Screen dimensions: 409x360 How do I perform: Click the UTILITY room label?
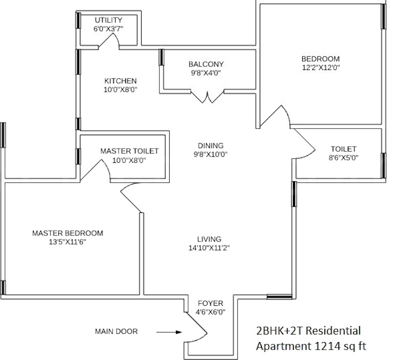pos(108,20)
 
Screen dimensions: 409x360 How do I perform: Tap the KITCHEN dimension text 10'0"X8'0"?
pos(121,89)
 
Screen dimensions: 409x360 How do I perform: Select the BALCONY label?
pos(206,64)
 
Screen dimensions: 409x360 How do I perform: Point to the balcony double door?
pos(208,97)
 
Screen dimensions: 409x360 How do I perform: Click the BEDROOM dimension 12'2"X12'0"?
pos(321,67)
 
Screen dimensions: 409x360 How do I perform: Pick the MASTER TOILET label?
pos(129,151)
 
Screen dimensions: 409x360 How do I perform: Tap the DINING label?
pos(211,146)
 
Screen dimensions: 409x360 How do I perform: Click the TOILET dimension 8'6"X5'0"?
pos(344,158)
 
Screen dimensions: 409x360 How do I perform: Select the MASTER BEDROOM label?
pos(67,233)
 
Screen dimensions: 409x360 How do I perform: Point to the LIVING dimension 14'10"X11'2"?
pos(209,248)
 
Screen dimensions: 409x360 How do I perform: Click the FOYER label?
pos(211,303)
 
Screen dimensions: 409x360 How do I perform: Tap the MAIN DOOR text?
pos(117,331)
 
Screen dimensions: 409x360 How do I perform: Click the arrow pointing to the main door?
pos(169,332)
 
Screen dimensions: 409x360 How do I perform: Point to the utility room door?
pos(109,41)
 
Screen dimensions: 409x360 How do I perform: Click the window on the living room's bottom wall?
pos(279,297)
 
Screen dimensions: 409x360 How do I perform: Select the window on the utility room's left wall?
pos(78,20)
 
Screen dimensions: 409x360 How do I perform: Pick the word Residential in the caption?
pos(333,331)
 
